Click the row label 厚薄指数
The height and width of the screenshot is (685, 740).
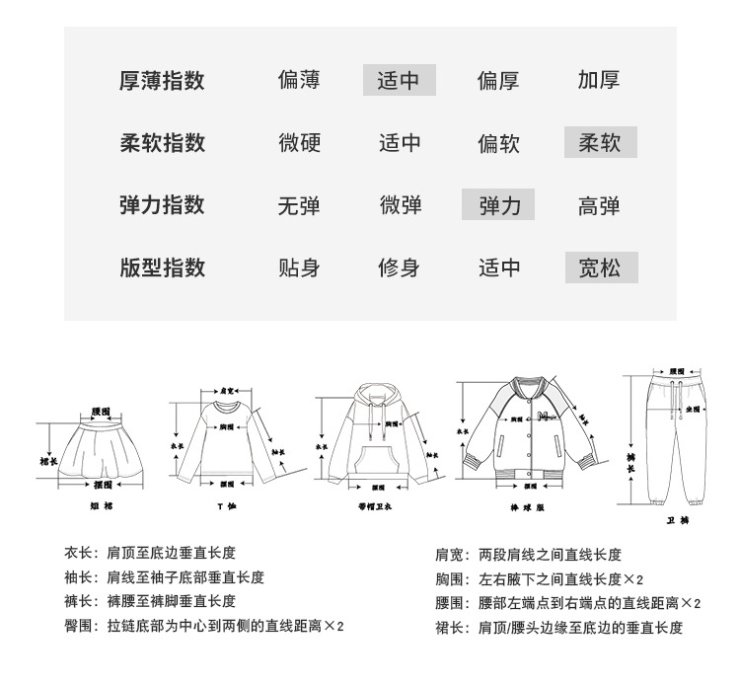(162, 81)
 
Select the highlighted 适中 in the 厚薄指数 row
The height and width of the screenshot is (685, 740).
(399, 81)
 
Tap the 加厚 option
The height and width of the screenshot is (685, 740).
(599, 81)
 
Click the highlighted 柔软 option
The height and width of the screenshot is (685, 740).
(600, 143)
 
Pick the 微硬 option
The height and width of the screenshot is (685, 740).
(300, 143)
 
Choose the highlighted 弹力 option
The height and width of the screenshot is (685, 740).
(498, 205)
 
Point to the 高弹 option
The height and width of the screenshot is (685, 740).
(599, 205)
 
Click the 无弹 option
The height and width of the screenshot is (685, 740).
(300, 205)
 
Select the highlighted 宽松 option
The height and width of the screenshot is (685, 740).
(601, 267)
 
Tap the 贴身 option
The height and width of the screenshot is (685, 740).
(300, 267)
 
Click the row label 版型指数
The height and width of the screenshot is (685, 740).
(162, 267)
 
